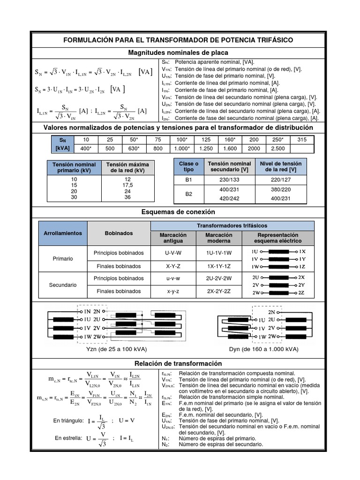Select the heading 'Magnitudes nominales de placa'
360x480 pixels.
pyautogui.click(x=181, y=53)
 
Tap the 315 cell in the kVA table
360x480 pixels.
pyautogui.click(x=301, y=140)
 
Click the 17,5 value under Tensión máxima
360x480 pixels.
pyautogui.click(x=127, y=185)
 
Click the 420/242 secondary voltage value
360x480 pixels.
pyautogui.click(x=230, y=199)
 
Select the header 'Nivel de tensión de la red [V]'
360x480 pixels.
pyautogui.click(x=280, y=166)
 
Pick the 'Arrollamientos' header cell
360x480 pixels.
pyautogui.click(x=62, y=233)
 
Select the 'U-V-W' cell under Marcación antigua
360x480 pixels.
pyautogui.click(x=173, y=253)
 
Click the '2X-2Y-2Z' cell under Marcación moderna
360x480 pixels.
pyautogui.click(x=219, y=291)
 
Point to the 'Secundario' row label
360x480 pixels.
pyautogui.click(x=62, y=285)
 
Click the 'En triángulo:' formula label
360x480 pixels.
pyautogui.click(x=69, y=420)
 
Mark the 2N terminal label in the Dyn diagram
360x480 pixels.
pyautogui.click(x=271, y=312)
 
